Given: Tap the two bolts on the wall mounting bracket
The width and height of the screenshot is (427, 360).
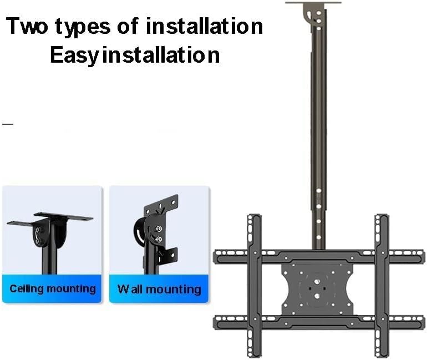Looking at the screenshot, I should coord(159,234).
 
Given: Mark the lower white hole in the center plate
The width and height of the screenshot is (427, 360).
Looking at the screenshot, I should coord(318,296).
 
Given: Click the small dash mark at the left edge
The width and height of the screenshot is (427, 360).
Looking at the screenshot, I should coord(8,124).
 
